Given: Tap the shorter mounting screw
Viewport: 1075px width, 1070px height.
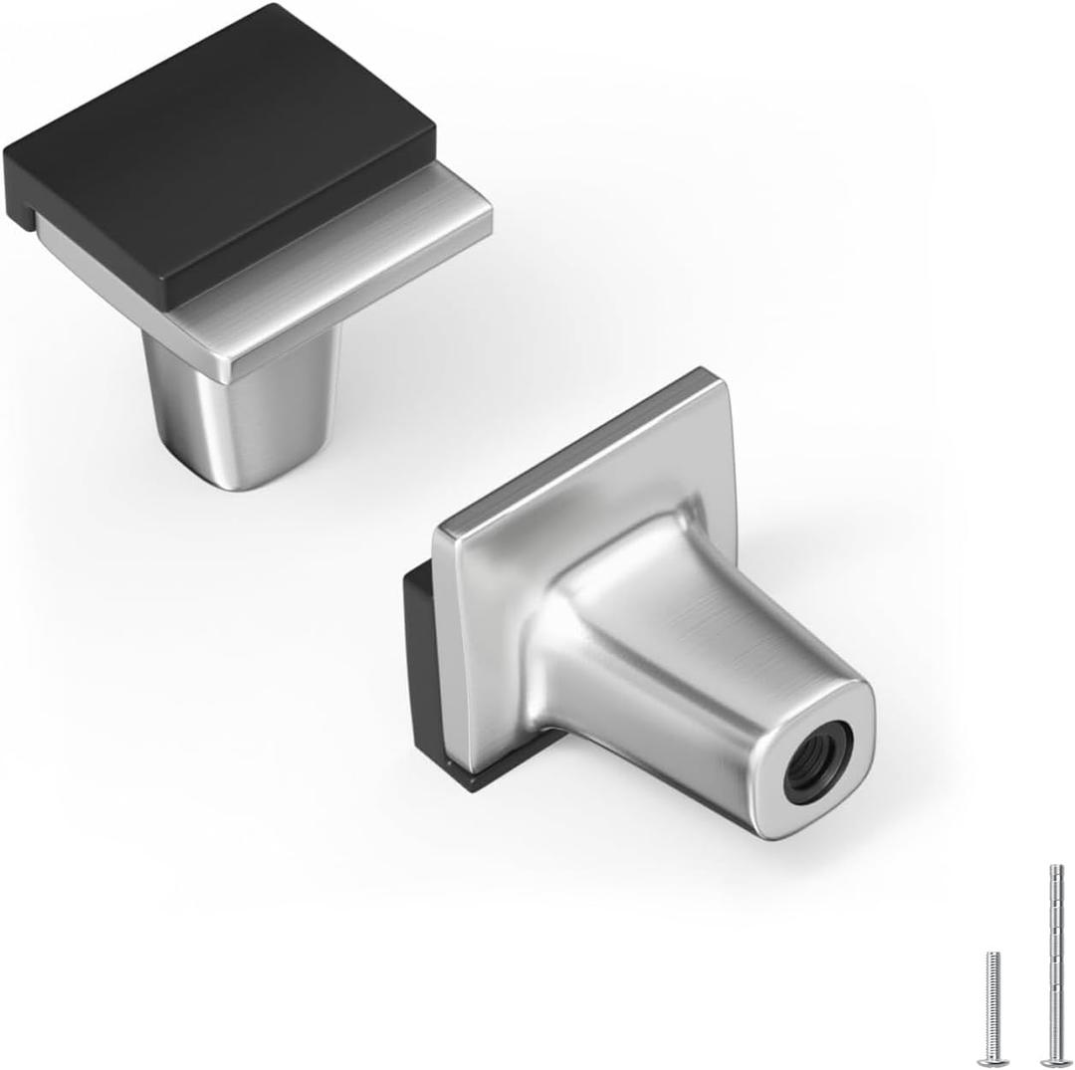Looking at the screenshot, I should click(x=992, y=1005).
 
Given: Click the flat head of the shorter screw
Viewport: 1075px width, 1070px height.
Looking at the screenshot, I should click(x=992, y=1061).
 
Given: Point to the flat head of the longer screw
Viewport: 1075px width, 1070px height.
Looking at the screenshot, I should click(x=1051, y=1062).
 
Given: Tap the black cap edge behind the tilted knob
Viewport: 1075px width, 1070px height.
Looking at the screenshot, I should click(x=418, y=677).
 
